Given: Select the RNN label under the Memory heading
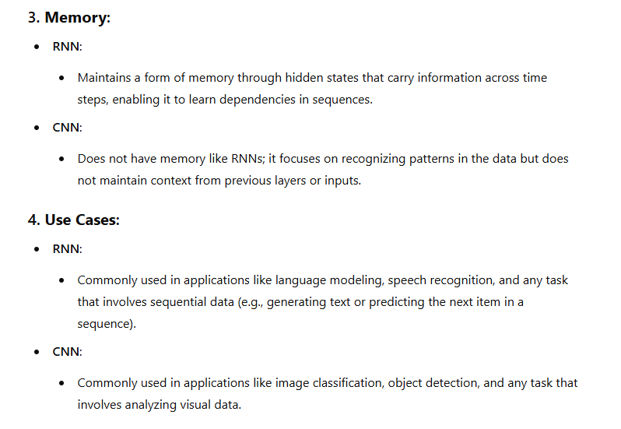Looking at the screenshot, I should coord(67,47).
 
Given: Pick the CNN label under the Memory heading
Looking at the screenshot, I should coord(68,128).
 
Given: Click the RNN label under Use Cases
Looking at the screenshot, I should coord(67,249).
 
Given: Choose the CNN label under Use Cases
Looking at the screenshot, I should coord(68,352).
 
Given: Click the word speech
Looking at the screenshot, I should coord(406,280).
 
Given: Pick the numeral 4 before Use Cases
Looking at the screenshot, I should coord(33,220).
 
